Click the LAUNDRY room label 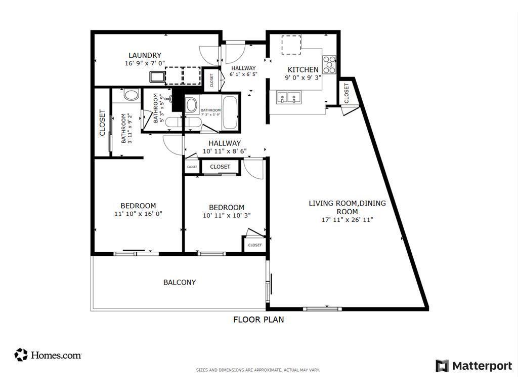(145, 55)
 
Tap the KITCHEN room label (303, 69)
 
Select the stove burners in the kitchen (329, 64)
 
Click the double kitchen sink (288, 97)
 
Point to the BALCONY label (180, 282)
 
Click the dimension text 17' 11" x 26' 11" (347, 220)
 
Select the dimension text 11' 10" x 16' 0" (138, 214)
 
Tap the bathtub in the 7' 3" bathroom (230, 112)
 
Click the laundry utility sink (156, 77)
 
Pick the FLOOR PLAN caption (258, 320)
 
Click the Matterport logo (474, 366)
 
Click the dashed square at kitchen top (291, 45)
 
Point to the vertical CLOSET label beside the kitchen (347, 93)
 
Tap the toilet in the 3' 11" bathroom (132, 95)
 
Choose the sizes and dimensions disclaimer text (258, 370)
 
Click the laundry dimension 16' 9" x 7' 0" (145, 63)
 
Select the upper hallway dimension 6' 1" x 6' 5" (243, 74)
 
